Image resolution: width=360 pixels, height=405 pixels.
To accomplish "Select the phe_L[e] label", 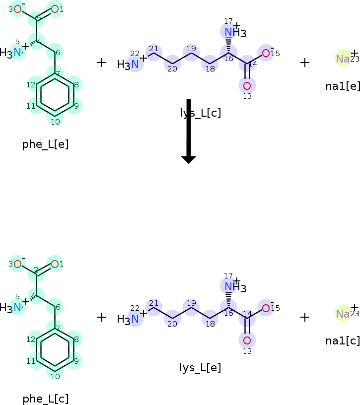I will coord(45,144).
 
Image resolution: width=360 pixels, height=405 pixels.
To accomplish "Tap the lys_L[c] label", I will coord(201,113).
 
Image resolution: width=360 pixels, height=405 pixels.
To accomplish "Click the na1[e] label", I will coord(343,86).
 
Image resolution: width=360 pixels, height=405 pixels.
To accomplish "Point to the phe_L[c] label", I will coord(45,399).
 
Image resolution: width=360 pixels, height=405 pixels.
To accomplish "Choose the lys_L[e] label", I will coord(201,368).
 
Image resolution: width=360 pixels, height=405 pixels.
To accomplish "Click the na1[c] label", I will coord(343,340).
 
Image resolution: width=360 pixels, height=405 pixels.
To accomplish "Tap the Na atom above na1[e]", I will coord(343,59).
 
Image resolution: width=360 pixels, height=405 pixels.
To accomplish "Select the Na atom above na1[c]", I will coord(343,314).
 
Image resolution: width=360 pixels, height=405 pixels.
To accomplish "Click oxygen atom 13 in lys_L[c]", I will coord(247,85).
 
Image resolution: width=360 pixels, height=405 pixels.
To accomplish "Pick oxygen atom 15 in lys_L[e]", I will coord(266,308).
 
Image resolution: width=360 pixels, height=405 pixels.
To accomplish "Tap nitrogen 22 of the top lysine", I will coord(135,64).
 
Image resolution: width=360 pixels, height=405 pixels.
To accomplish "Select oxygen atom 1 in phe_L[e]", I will coord(55,9).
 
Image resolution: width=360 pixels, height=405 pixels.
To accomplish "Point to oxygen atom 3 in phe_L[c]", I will coord(17,264).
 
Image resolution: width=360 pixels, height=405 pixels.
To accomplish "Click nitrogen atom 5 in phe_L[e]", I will coord(17,52).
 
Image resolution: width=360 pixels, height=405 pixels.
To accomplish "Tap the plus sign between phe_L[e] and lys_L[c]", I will coord(101,63).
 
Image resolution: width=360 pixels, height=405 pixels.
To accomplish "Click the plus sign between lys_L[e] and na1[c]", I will coord(305,317).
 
